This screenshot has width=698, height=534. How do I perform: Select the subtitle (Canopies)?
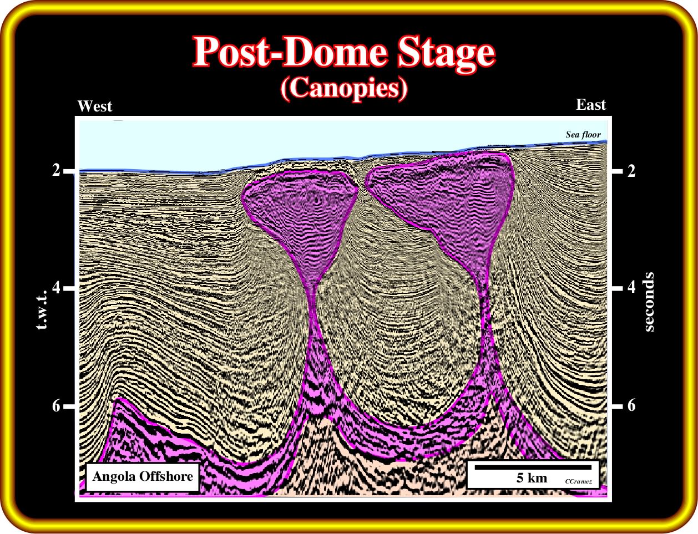click(x=345, y=89)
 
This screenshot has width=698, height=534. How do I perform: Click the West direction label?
click(x=95, y=106)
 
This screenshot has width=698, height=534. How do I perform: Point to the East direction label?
click(x=591, y=105)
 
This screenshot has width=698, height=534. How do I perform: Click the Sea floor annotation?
click(x=583, y=134)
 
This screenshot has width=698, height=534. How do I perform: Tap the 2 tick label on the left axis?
click(x=57, y=170)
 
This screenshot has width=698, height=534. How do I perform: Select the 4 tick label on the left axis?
click(x=57, y=287)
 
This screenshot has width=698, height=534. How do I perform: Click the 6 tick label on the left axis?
click(x=57, y=406)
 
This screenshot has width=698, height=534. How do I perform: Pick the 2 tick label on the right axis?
click(x=631, y=171)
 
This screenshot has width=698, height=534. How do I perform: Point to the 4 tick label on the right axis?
click(x=631, y=287)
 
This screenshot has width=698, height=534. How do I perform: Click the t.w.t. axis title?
click(x=42, y=310)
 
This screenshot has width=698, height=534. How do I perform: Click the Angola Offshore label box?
click(x=143, y=477)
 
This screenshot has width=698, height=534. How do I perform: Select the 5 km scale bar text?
click(x=532, y=478)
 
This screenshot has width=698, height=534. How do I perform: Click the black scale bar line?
click(x=533, y=467)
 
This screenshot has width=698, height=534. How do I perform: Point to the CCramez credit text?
click(x=578, y=482)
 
